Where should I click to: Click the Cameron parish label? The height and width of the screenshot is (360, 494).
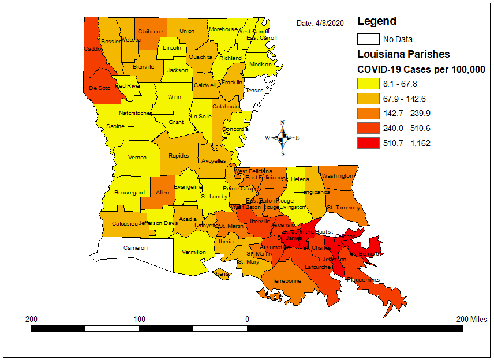[x=136, y=248]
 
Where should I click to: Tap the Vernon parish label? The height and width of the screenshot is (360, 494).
[x=137, y=157]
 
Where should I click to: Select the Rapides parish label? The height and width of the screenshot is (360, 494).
[x=178, y=156]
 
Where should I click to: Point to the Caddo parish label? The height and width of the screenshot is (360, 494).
[x=92, y=49]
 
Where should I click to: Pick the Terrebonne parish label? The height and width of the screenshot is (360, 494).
[x=287, y=281]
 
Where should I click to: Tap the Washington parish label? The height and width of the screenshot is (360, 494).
[x=338, y=176]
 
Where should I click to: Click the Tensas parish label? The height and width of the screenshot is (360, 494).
[x=255, y=91]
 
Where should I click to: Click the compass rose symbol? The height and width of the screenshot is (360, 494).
[x=283, y=137]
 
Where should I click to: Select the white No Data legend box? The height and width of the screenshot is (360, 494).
[x=368, y=39]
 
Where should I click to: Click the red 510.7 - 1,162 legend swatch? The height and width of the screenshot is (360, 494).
[x=368, y=143]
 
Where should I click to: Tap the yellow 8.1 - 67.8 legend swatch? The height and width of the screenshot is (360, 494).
[x=368, y=83]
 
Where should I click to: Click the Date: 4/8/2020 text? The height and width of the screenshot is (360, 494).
[x=320, y=24]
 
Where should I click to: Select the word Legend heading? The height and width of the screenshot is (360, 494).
[x=377, y=21]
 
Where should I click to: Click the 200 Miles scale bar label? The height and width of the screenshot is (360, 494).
[x=471, y=319]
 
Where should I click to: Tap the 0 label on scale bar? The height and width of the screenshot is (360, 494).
[x=247, y=319]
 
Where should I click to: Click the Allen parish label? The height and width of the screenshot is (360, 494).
[x=163, y=193]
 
